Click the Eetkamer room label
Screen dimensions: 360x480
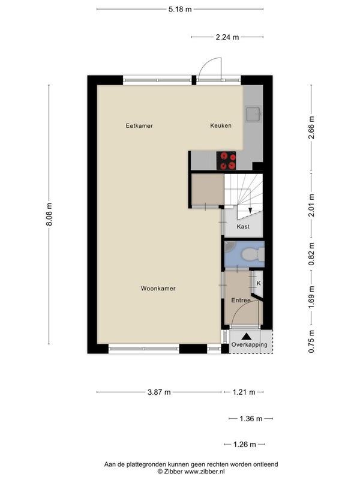click(x=139, y=125)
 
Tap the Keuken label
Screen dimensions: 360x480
click(x=221, y=125)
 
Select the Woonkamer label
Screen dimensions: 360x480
click(x=158, y=289)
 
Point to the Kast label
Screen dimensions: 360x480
click(x=243, y=227)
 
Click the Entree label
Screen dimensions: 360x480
click(x=241, y=301)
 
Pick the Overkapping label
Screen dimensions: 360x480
click(x=249, y=344)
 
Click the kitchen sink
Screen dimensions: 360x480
click(x=253, y=114)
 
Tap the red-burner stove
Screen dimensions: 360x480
click(x=226, y=160)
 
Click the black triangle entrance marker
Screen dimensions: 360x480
click(x=247, y=337)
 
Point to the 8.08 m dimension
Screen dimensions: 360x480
click(x=49, y=214)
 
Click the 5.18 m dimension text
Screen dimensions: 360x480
click(x=180, y=9)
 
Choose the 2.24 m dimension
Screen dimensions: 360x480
click(x=227, y=37)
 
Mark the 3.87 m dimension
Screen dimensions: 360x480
click(x=159, y=392)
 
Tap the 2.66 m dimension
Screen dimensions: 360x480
click(x=311, y=127)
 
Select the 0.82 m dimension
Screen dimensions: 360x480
click(x=311, y=254)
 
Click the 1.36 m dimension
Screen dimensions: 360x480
click(x=251, y=418)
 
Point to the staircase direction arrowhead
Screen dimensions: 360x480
click(x=250, y=211)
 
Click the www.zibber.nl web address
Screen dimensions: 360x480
click(x=205, y=472)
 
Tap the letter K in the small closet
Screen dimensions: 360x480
click(x=259, y=283)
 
